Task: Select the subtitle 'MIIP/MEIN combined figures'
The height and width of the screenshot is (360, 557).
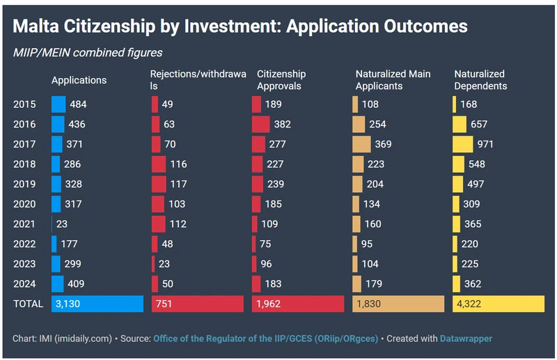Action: [x=88, y=52]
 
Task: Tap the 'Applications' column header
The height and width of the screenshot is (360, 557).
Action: [x=79, y=80]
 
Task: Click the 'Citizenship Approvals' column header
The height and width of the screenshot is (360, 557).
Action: [x=281, y=80]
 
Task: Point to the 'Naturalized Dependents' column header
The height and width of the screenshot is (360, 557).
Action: [x=480, y=80]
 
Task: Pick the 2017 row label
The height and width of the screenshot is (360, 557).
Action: [x=24, y=144]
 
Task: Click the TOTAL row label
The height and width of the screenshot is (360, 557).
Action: [x=28, y=304]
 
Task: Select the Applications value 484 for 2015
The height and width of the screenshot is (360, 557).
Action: [x=78, y=104]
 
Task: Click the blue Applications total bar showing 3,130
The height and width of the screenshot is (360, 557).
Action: [x=97, y=304]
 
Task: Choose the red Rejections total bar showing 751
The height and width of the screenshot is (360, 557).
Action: [x=198, y=304]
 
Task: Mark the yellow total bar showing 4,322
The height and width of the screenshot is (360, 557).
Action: [x=499, y=304]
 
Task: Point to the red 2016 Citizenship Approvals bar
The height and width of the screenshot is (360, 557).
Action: [x=260, y=124]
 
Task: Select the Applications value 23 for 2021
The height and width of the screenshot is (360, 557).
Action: [x=62, y=224]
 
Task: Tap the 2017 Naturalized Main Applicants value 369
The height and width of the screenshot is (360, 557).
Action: [x=384, y=144]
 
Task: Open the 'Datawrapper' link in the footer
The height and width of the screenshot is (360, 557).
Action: [x=466, y=338]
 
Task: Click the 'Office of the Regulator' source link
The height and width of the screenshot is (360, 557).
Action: [x=265, y=338]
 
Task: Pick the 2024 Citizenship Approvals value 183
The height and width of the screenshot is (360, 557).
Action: [x=274, y=284]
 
